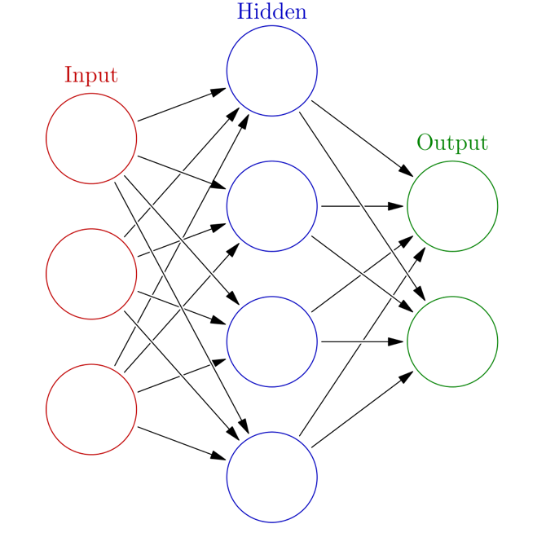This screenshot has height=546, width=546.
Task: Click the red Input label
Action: pyautogui.click(x=91, y=76)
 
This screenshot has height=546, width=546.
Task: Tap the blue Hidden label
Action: pyautogui.click(x=272, y=12)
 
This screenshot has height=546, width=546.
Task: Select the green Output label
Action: pyautogui.click(x=452, y=143)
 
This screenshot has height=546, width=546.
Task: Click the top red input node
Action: pyautogui.click(x=91, y=138)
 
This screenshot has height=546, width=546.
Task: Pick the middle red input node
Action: pyautogui.click(x=91, y=273)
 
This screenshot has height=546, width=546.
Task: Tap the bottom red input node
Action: pyautogui.click(x=91, y=409)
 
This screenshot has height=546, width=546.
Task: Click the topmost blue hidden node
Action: pyautogui.click(x=272, y=70)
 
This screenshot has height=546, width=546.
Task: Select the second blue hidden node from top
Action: pyautogui.click(x=272, y=205)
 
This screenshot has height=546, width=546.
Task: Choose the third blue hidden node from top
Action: pyautogui.click(x=272, y=341)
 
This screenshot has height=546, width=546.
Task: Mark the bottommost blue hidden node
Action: pyautogui.click(x=272, y=477)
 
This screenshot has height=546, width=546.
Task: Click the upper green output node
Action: pyautogui.click(x=452, y=205)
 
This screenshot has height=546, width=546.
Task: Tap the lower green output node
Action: pyautogui.click(x=452, y=341)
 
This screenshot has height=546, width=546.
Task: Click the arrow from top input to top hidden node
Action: pyautogui.click(x=182, y=104)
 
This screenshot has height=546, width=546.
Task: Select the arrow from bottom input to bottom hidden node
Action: pyautogui.click(x=182, y=443)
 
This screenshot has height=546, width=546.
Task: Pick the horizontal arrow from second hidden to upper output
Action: pyautogui.click(x=362, y=206)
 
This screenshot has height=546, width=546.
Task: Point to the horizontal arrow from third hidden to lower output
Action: pyautogui.click(x=362, y=341)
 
